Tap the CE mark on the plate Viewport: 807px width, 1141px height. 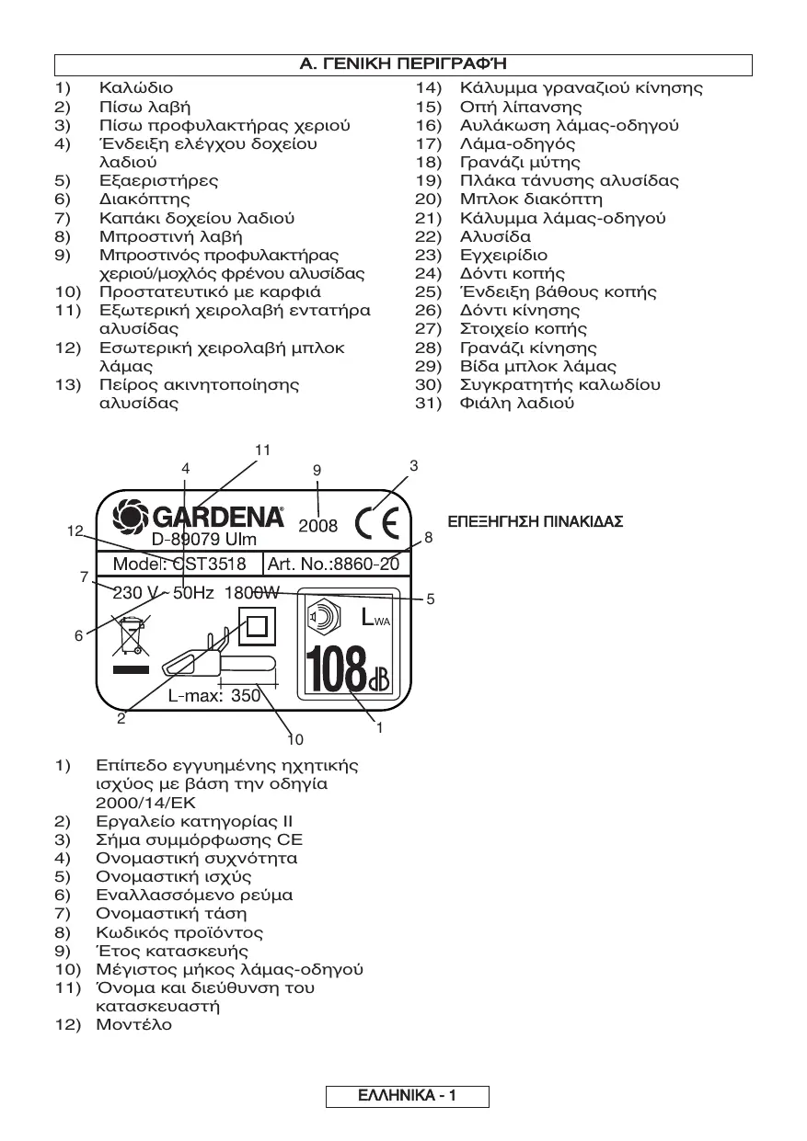pyautogui.click(x=377, y=524)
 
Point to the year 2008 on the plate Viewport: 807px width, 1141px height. pyautogui.click(x=317, y=527)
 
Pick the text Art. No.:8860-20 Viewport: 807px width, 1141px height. pyautogui.click(x=334, y=564)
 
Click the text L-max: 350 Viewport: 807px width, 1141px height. pyautogui.click(x=214, y=696)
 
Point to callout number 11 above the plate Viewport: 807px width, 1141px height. pyautogui.click(x=264, y=450)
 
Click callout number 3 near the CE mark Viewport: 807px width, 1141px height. pyautogui.click(x=414, y=466)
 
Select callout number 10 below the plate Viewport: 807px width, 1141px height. pyautogui.click(x=294, y=738)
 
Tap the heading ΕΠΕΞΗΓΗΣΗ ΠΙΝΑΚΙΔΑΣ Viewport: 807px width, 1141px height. pyautogui.click(x=535, y=522)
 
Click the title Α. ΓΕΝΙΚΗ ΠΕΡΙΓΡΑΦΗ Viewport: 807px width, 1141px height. pyautogui.click(x=403, y=64)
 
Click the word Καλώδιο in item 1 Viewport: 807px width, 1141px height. pyautogui.click(x=135, y=88)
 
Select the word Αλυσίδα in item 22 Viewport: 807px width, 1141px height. pyautogui.click(x=495, y=236)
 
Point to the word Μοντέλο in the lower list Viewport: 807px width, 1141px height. pyautogui.click(x=133, y=1024)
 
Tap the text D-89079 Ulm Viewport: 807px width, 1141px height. pyautogui.click(x=204, y=540)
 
